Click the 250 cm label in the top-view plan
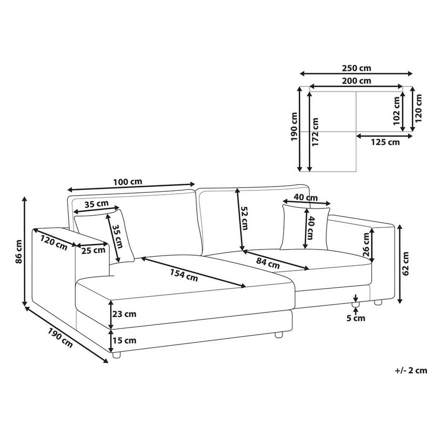pyautogui.click(x=356, y=68)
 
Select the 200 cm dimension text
pyautogui.click(x=356, y=81)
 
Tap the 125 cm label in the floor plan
pyautogui.click(x=385, y=142)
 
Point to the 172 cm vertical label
pyautogui.click(x=315, y=132)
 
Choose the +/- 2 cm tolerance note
pyautogui.click(x=411, y=370)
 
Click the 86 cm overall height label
pyautogui.click(x=19, y=251)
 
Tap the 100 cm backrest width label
pyautogui.click(x=128, y=182)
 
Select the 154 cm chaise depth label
pyautogui.click(x=184, y=275)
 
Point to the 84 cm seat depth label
pyautogui.click(x=268, y=263)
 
